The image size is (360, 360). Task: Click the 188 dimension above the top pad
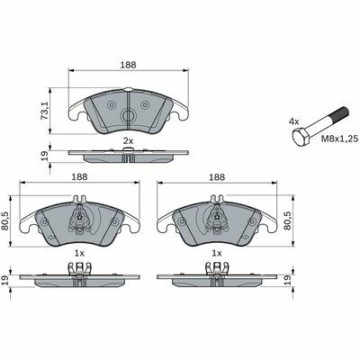(x=129, y=65)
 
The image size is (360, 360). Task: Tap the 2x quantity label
(x=128, y=140)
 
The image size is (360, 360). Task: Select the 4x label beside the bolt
(x=294, y=121)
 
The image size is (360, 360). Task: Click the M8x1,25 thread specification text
(x=340, y=139)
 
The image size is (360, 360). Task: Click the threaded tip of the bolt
(x=340, y=115)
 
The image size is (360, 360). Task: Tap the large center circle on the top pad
(x=129, y=115)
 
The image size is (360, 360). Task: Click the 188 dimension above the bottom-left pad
(x=79, y=177)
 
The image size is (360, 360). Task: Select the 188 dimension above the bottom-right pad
(x=217, y=177)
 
